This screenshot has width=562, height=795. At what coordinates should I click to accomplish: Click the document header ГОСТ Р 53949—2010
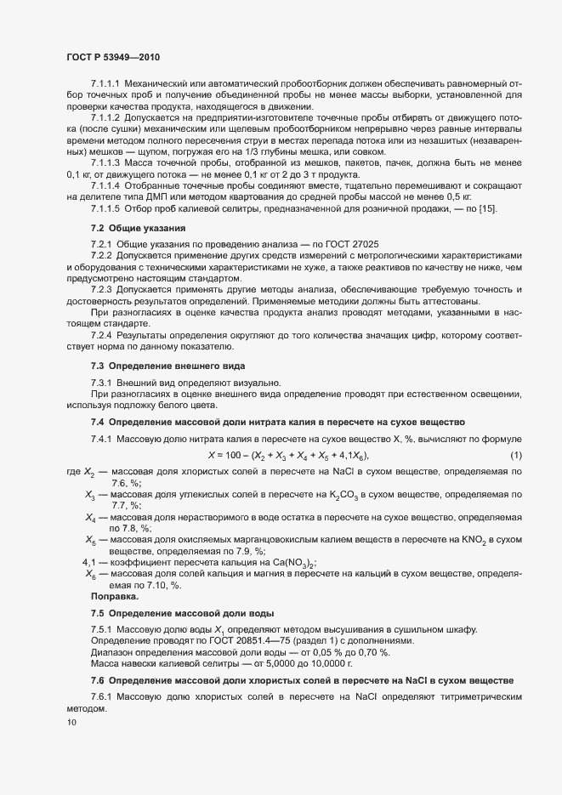[x=112, y=57]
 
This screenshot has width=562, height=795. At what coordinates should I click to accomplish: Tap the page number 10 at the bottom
[x=71, y=724]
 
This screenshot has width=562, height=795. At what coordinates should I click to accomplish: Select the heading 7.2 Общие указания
[x=138, y=229]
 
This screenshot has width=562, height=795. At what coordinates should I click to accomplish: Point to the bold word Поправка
[x=115, y=596]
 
